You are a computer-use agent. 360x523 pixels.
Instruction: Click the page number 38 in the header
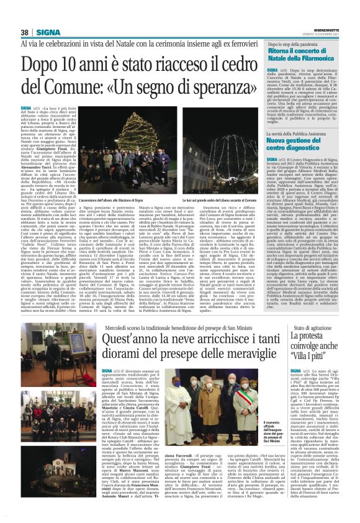25,32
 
